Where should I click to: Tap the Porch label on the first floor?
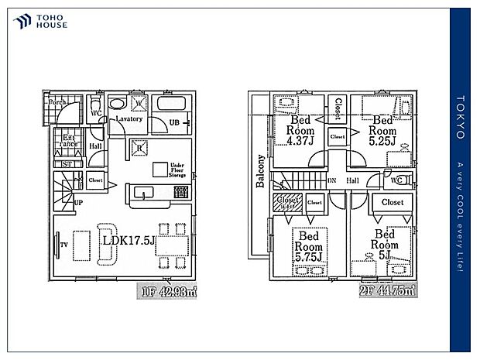coord(56,101)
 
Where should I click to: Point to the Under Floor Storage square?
coord(159,168)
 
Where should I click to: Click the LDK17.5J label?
coord(129,241)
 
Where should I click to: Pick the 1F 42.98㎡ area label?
coord(168,291)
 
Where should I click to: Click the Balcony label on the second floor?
coord(261,171)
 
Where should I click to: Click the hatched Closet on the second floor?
coord(283,202)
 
